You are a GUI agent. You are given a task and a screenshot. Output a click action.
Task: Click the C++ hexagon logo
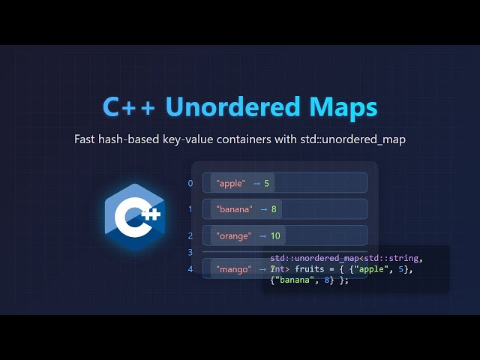[x=134, y=217]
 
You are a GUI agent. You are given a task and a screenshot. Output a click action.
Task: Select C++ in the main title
[x=129, y=107]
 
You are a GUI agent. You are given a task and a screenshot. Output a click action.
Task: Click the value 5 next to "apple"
[x=266, y=183]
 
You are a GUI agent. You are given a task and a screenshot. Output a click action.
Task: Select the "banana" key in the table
[x=235, y=209]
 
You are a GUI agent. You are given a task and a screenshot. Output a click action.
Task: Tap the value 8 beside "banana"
[x=275, y=209]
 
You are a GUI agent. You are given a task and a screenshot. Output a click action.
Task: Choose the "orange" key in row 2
[x=233, y=235]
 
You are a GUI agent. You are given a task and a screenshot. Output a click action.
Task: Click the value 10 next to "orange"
[x=275, y=235]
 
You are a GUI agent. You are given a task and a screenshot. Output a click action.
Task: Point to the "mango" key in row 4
[x=232, y=268]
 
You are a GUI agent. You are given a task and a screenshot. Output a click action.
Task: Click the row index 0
[x=190, y=183]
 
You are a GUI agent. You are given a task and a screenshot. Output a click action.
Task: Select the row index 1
[x=190, y=209]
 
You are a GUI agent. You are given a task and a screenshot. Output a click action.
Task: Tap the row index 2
[x=190, y=235]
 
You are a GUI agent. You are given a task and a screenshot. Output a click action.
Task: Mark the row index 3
[x=190, y=253]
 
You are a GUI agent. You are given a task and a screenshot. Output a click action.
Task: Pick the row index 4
[x=190, y=268]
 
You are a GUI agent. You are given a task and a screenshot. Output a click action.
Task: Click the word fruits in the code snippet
[x=310, y=269]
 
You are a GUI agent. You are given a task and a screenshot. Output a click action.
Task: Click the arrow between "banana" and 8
[x=262, y=209]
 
